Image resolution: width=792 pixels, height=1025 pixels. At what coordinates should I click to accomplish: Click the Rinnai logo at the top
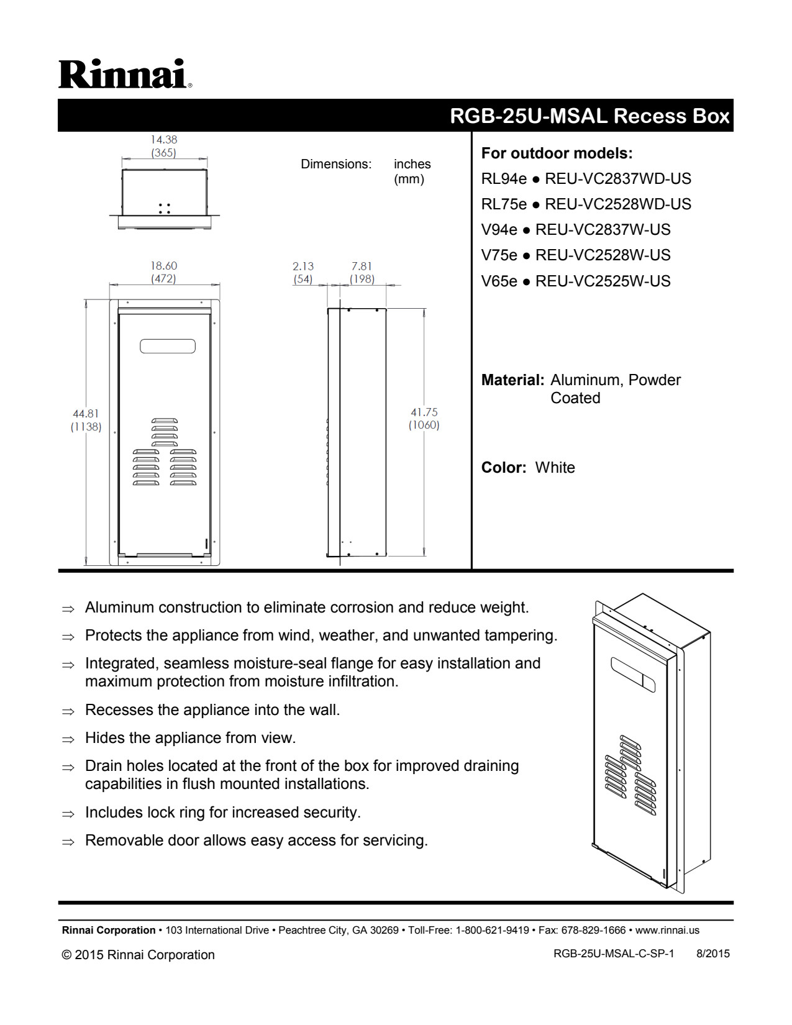(x=125, y=74)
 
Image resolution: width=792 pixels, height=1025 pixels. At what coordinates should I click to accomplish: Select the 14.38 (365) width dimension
(x=163, y=146)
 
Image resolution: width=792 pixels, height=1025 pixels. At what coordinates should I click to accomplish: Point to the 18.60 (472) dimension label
(x=163, y=272)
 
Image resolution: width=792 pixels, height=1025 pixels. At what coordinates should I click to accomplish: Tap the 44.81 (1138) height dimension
(x=86, y=420)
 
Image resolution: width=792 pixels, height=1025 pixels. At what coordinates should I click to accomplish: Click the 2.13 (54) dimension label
(x=303, y=273)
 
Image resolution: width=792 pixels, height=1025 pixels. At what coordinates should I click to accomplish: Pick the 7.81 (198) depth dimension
(x=362, y=273)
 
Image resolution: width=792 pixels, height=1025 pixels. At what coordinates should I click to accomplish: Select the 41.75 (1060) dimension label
(x=424, y=419)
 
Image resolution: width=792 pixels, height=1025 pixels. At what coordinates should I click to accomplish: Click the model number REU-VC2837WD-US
(x=617, y=179)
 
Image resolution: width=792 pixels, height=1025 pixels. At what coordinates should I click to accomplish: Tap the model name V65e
(x=499, y=281)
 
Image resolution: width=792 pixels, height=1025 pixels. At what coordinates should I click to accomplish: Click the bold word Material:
(x=512, y=380)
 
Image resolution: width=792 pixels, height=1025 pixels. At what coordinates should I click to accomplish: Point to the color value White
(x=555, y=468)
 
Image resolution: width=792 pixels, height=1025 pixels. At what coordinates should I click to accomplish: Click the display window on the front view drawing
(x=168, y=346)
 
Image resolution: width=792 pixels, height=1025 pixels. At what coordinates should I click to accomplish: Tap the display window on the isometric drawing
(x=633, y=675)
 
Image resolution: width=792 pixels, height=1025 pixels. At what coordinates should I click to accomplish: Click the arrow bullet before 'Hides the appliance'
(x=68, y=739)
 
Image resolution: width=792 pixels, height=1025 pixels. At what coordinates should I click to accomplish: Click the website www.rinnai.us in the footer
(x=667, y=931)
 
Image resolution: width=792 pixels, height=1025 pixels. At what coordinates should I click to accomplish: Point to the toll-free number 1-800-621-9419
(x=492, y=931)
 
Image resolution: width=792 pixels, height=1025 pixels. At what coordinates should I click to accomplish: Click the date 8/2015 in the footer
(x=712, y=954)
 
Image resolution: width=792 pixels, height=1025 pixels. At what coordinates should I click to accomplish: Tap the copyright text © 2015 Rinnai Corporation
(x=138, y=955)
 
